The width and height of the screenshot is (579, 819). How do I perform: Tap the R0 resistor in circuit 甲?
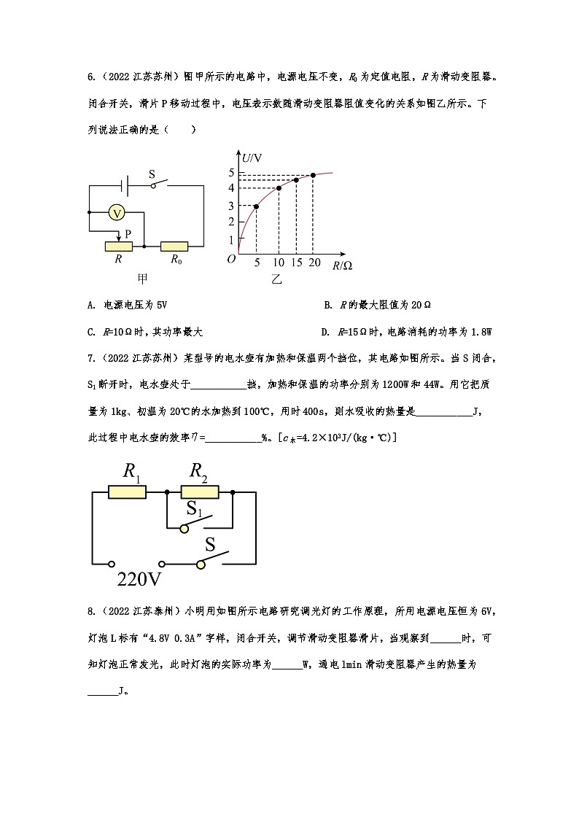click(174, 247)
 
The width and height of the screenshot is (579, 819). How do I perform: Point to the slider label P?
click(128, 233)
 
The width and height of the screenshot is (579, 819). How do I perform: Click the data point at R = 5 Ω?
click(256, 206)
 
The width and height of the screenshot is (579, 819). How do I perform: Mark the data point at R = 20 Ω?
click(313, 175)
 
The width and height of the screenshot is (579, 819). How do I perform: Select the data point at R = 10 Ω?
click(279, 188)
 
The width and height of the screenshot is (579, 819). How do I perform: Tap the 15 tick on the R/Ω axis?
click(295, 263)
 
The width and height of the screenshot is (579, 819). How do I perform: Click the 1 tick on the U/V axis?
click(231, 240)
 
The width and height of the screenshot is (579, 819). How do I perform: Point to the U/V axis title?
click(252, 158)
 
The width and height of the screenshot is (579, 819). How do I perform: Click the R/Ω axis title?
click(342, 265)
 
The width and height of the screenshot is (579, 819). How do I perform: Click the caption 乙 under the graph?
click(276, 279)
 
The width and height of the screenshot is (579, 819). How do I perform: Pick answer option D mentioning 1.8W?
click(408, 332)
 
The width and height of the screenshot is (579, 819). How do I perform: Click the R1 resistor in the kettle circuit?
click(127, 492)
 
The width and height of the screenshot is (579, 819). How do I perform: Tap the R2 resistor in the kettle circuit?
click(199, 492)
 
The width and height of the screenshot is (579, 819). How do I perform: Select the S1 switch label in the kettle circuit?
click(194, 508)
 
